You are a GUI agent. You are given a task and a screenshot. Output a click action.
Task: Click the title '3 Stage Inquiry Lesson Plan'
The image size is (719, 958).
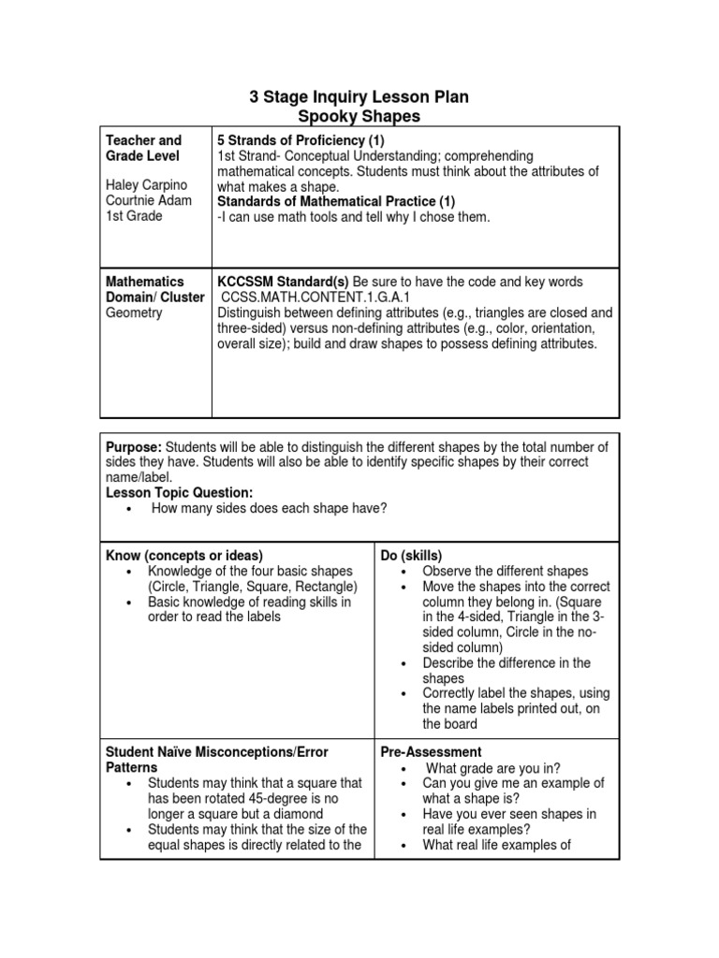click(x=359, y=96)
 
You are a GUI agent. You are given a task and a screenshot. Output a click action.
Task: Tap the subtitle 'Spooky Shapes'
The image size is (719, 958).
click(x=359, y=116)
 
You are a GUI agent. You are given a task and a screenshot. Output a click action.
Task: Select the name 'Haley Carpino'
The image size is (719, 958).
click(x=145, y=185)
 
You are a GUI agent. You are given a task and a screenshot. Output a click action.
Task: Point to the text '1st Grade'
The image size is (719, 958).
click(x=134, y=216)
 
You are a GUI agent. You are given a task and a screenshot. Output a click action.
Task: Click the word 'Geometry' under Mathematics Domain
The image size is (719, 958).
click(x=134, y=312)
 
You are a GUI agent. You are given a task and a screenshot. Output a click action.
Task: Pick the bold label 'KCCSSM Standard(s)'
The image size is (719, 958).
click(x=283, y=282)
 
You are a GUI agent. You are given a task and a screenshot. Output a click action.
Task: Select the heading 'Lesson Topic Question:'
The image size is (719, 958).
click(x=179, y=492)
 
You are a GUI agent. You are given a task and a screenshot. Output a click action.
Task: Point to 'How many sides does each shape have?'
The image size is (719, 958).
click(x=269, y=508)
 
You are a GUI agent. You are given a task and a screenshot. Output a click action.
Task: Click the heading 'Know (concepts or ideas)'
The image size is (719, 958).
click(x=184, y=555)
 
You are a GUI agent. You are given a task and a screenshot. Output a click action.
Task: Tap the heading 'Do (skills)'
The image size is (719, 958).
click(x=411, y=555)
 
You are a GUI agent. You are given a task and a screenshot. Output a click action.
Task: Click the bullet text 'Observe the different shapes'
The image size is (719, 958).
click(x=505, y=571)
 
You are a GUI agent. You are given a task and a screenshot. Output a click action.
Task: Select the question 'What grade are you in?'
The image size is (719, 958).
click(x=493, y=767)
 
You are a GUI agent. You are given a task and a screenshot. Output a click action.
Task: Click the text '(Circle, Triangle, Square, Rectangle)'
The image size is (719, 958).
click(x=253, y=587)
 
